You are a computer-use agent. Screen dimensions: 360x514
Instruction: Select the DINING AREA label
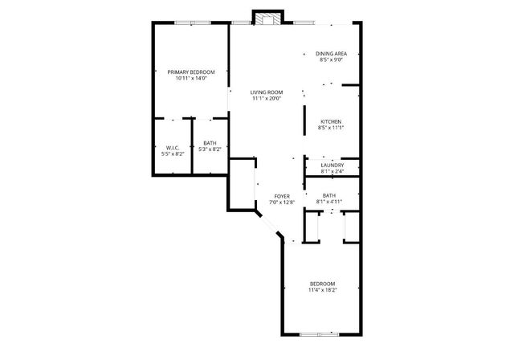[x=331, y=53]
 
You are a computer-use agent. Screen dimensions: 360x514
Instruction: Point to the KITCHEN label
[x=331, y=121]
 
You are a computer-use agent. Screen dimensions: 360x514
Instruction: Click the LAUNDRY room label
[x=332, y=165]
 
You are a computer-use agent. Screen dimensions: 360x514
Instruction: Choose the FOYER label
[x=281, y=195]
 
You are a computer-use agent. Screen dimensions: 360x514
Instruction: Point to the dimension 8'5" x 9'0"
[x=331, y=59]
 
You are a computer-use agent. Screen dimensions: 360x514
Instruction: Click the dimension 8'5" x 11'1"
[x=331, y=128]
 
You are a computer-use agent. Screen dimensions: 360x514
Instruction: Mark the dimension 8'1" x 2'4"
[x=332, y=171]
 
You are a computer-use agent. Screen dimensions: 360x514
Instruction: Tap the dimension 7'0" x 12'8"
[x=281, y=202]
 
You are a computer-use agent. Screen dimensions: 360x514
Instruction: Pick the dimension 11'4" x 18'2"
[x=322, y=289]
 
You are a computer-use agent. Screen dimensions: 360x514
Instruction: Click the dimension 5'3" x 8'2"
[x=210, y=149]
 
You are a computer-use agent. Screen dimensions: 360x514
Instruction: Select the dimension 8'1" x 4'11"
[x=329, y=201]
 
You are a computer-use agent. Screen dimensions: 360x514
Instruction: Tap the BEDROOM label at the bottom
[x=322, y=283]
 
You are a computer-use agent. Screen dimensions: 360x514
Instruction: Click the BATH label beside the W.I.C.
[x=210, y=142]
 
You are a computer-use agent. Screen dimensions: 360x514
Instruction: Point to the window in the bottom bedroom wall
[x=319, y=333]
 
